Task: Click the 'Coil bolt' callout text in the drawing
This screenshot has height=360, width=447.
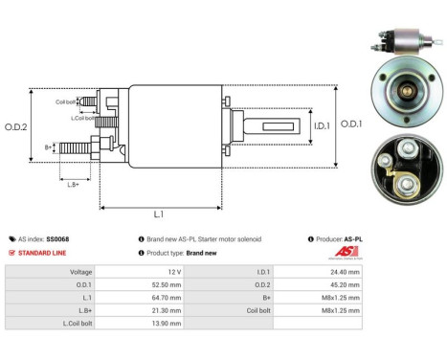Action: point(66,101)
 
